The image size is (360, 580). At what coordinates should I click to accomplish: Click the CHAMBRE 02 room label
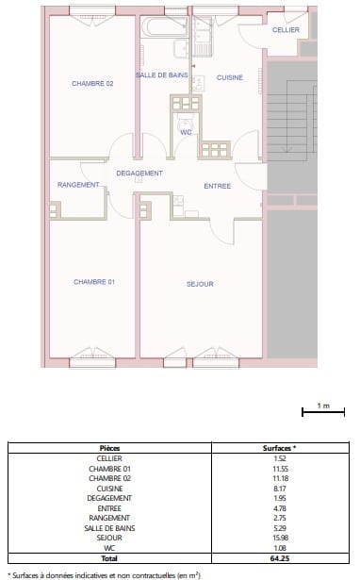[92, 84]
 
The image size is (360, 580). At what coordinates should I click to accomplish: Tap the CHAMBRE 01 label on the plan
[94, 282]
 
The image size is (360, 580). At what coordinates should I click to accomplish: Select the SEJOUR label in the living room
[200, 284]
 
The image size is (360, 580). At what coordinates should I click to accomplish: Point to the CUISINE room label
[230, 77]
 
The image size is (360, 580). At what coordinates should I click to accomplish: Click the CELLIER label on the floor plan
[286, 30]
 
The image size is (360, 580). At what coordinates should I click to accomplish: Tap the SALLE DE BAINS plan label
[162, 75]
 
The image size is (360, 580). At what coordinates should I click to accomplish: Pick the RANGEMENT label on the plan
[78, 185]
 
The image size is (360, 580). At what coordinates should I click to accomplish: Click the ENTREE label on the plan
[218, 186]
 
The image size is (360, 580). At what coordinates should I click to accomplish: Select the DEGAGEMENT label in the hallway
[139, 174]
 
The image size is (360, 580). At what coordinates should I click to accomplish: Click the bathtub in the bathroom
[165, 27]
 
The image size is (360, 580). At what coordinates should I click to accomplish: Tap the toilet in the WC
[186, 122]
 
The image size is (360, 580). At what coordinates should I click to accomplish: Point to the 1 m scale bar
[323, 412]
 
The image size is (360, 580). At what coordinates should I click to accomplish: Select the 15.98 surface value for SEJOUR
[280, 538]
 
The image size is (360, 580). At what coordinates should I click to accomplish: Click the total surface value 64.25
[280, 558]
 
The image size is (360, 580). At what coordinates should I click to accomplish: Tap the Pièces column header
[109, 448]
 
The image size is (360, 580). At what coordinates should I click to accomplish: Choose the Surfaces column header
[280, 448]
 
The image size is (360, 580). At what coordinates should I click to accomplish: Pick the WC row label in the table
[109, 548]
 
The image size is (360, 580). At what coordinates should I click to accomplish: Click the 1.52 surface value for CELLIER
[280, 458]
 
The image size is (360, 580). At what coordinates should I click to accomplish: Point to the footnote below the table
[104, 575]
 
